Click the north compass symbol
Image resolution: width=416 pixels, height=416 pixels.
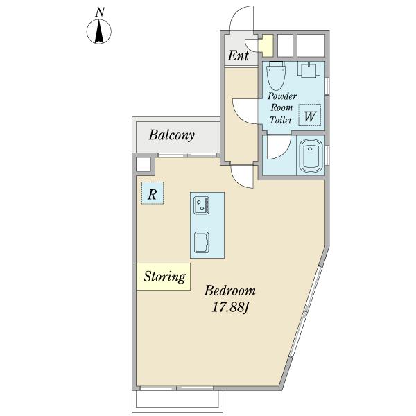(x=99, y=31)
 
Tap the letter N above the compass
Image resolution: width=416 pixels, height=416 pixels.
(x=100, y=12)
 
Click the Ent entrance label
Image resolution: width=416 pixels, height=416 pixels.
(x=239, y=55)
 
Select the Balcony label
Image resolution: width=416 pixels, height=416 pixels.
(x=172, y=135)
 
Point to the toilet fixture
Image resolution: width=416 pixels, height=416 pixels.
(x=276, y=76)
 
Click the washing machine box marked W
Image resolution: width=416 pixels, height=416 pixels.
(x=310, y=115)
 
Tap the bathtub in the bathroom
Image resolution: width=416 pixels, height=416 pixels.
(x=311, y=155)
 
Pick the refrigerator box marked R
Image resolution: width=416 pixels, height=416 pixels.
(x=153, y=193)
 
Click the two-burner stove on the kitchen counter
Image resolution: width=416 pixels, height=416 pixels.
(x=202, y=205)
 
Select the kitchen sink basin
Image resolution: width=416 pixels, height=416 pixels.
(x=202, y=242)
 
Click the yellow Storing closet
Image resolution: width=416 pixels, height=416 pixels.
(x=164, y=277)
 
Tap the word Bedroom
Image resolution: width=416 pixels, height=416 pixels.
(x=229, y=291)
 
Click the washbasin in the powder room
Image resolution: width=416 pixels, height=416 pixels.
(x=309, y=69)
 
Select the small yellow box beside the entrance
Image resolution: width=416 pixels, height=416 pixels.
(x=267, y=45)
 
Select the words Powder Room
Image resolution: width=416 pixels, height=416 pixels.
(x=281, y=102)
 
